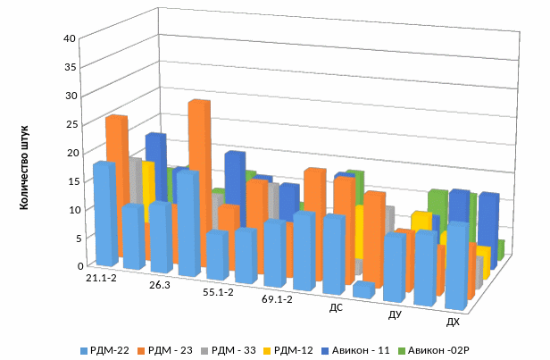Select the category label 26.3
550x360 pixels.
tap(160, 286)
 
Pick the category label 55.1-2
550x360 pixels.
tap(219, 293)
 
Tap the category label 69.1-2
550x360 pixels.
tap(278, 300)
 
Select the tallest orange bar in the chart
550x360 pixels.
tap(198, 179)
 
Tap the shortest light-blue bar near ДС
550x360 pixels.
tap(362, 290)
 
